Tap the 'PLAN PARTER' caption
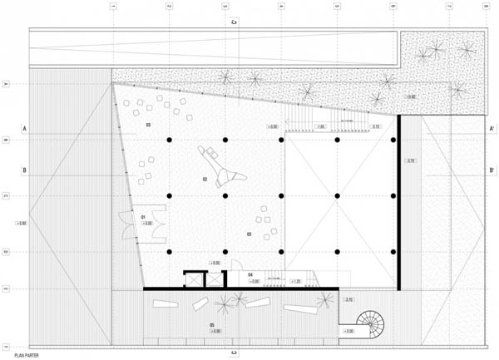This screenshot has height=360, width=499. [27, 355]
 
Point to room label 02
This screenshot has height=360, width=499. [205, 179]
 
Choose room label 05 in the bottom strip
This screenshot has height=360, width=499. [212, 324]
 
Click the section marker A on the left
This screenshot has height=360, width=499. [25, 129]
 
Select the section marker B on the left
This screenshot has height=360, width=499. [25, 170]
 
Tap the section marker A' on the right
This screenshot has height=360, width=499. [492, 129]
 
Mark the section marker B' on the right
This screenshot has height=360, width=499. [492, 170]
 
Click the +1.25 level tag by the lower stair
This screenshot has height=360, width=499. [295, 282]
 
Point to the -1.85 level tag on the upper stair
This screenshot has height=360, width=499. [320, 127]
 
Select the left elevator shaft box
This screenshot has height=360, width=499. [193, 280]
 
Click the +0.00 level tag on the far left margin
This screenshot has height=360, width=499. [21, 223]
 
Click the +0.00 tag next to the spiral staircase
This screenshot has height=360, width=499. [348, 331]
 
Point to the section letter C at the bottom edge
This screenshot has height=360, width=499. [235, 352]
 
